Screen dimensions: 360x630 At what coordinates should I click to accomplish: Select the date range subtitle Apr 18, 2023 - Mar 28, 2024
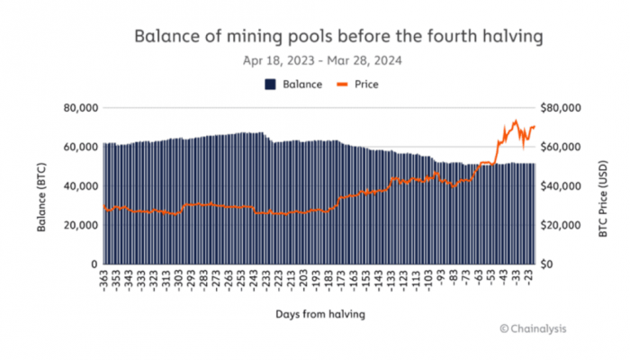tap(321, 61)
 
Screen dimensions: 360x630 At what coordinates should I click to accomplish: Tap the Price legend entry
tap(359, 85)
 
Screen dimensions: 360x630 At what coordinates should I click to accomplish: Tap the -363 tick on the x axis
tap(104, 280)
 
